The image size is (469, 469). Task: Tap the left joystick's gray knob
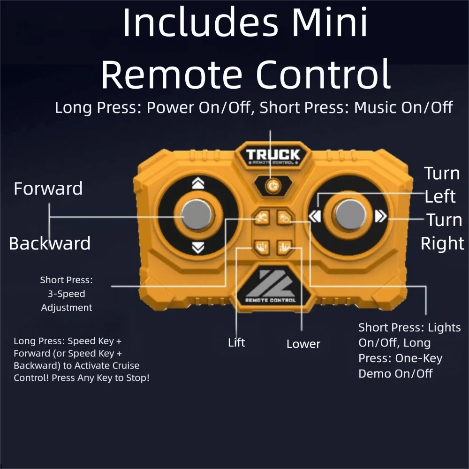coord(197,215)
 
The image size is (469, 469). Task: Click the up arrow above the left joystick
coord(198,184)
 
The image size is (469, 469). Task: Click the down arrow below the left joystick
coord(198,247)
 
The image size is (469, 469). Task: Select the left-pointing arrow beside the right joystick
coord(314,216)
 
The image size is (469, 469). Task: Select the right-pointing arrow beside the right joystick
coord(380,216)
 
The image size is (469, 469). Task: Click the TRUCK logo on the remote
coord(272,155)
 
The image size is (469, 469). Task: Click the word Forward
coord(48,189)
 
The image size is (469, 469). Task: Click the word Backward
coord(49,243)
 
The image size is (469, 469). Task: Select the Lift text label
coord(236,343)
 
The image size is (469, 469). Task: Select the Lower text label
coord(303,344)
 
